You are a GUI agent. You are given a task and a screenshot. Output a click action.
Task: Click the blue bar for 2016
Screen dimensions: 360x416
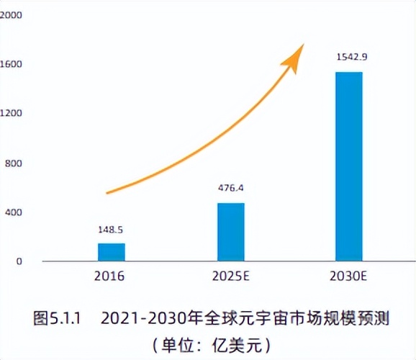pyautogui.click(x=112, y=252)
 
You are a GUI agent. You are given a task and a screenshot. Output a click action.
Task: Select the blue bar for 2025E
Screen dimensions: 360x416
pyautogui.click(x=231, y=232)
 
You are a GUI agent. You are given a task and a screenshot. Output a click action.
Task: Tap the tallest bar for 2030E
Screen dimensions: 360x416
pyautogui.click(x=349, y=166)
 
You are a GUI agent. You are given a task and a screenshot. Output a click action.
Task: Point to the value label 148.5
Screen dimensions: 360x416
pyautogui.click(x=112, y=231)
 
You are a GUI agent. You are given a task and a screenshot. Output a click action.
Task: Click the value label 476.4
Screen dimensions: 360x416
pyautogui.click(x=231, y=189)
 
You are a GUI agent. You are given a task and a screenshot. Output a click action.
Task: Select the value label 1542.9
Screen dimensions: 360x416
pyautogui.click(x=349, y=56)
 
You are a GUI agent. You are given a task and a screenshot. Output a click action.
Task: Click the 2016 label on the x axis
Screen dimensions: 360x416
pyautogui.click(x=110, y=276)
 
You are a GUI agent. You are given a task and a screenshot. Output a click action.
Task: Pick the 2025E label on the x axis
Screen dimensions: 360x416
pyautogui.click(x=231, y=276)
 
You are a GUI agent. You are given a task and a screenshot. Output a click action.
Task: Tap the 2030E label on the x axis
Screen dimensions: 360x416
pyautogui.click(x=349, y=276)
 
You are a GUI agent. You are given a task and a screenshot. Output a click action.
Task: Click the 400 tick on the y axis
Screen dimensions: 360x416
pyautogui.click(x=12, y=212)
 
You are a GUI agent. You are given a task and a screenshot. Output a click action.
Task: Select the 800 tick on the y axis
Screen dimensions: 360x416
pyautogui.click(x=12, y=163)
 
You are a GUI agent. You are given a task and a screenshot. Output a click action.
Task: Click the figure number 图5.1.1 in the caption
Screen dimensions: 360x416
pyautogui.click(x=60, y=317)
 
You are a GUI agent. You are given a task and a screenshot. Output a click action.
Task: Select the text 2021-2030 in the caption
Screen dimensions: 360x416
pyautogui.click(x=137, y=317)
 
